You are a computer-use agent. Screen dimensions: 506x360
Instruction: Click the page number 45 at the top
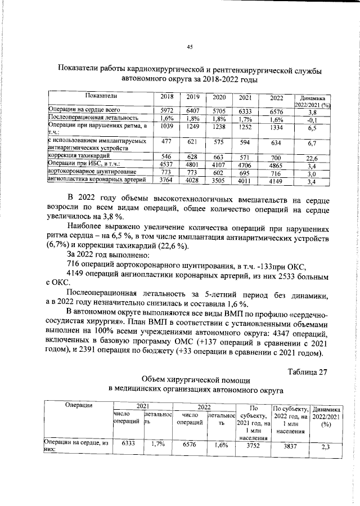click(x=190, y=47)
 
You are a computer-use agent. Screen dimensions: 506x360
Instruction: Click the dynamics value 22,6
click(x=313, y=158)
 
